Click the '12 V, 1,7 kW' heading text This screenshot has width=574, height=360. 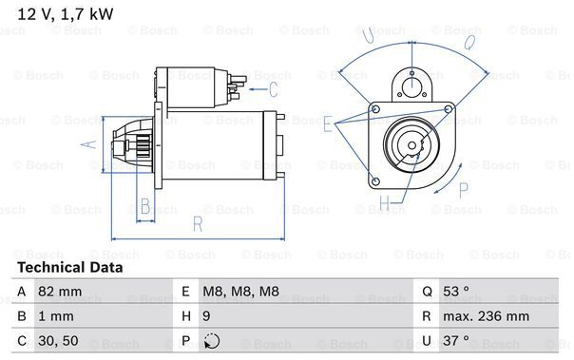pos(66,14)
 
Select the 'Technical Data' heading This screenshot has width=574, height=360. pos(70,268)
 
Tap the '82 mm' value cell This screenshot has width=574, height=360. pos(60,292)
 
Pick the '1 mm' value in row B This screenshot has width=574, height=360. pos(56,316)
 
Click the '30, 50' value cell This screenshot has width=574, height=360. pos(58,341)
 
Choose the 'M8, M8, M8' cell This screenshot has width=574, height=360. pos(240,292)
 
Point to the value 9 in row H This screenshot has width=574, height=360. pos(206,316)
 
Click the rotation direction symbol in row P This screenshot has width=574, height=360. pos(212,341)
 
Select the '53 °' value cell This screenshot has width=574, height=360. pos(456,292)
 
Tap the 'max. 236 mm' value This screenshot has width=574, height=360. pos(486,316)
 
